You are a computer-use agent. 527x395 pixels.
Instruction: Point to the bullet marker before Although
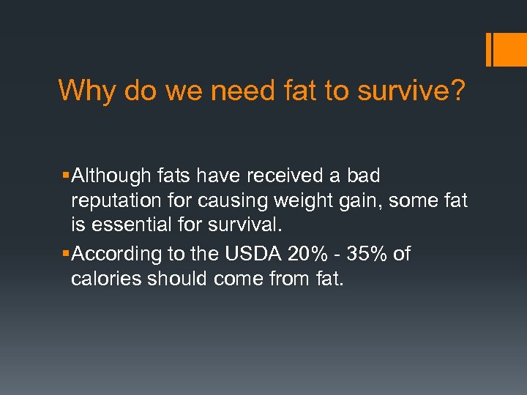pos(67,176)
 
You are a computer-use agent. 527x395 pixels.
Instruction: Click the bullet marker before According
pos(67,255)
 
